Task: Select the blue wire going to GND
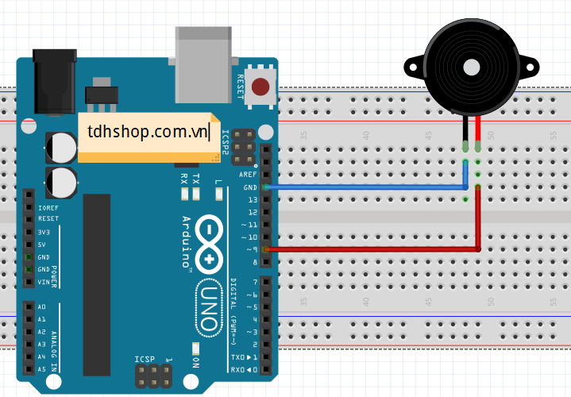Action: (365, 187)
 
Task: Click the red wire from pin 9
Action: (373, 249)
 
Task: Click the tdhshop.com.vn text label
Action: (149, 131)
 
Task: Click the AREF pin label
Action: (249, 175)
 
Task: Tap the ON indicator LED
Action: (195, 349)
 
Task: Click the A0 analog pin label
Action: (42, 306)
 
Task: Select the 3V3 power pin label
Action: (44, 232)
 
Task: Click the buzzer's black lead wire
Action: (465, 131)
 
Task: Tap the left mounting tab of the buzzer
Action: (413, 66)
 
